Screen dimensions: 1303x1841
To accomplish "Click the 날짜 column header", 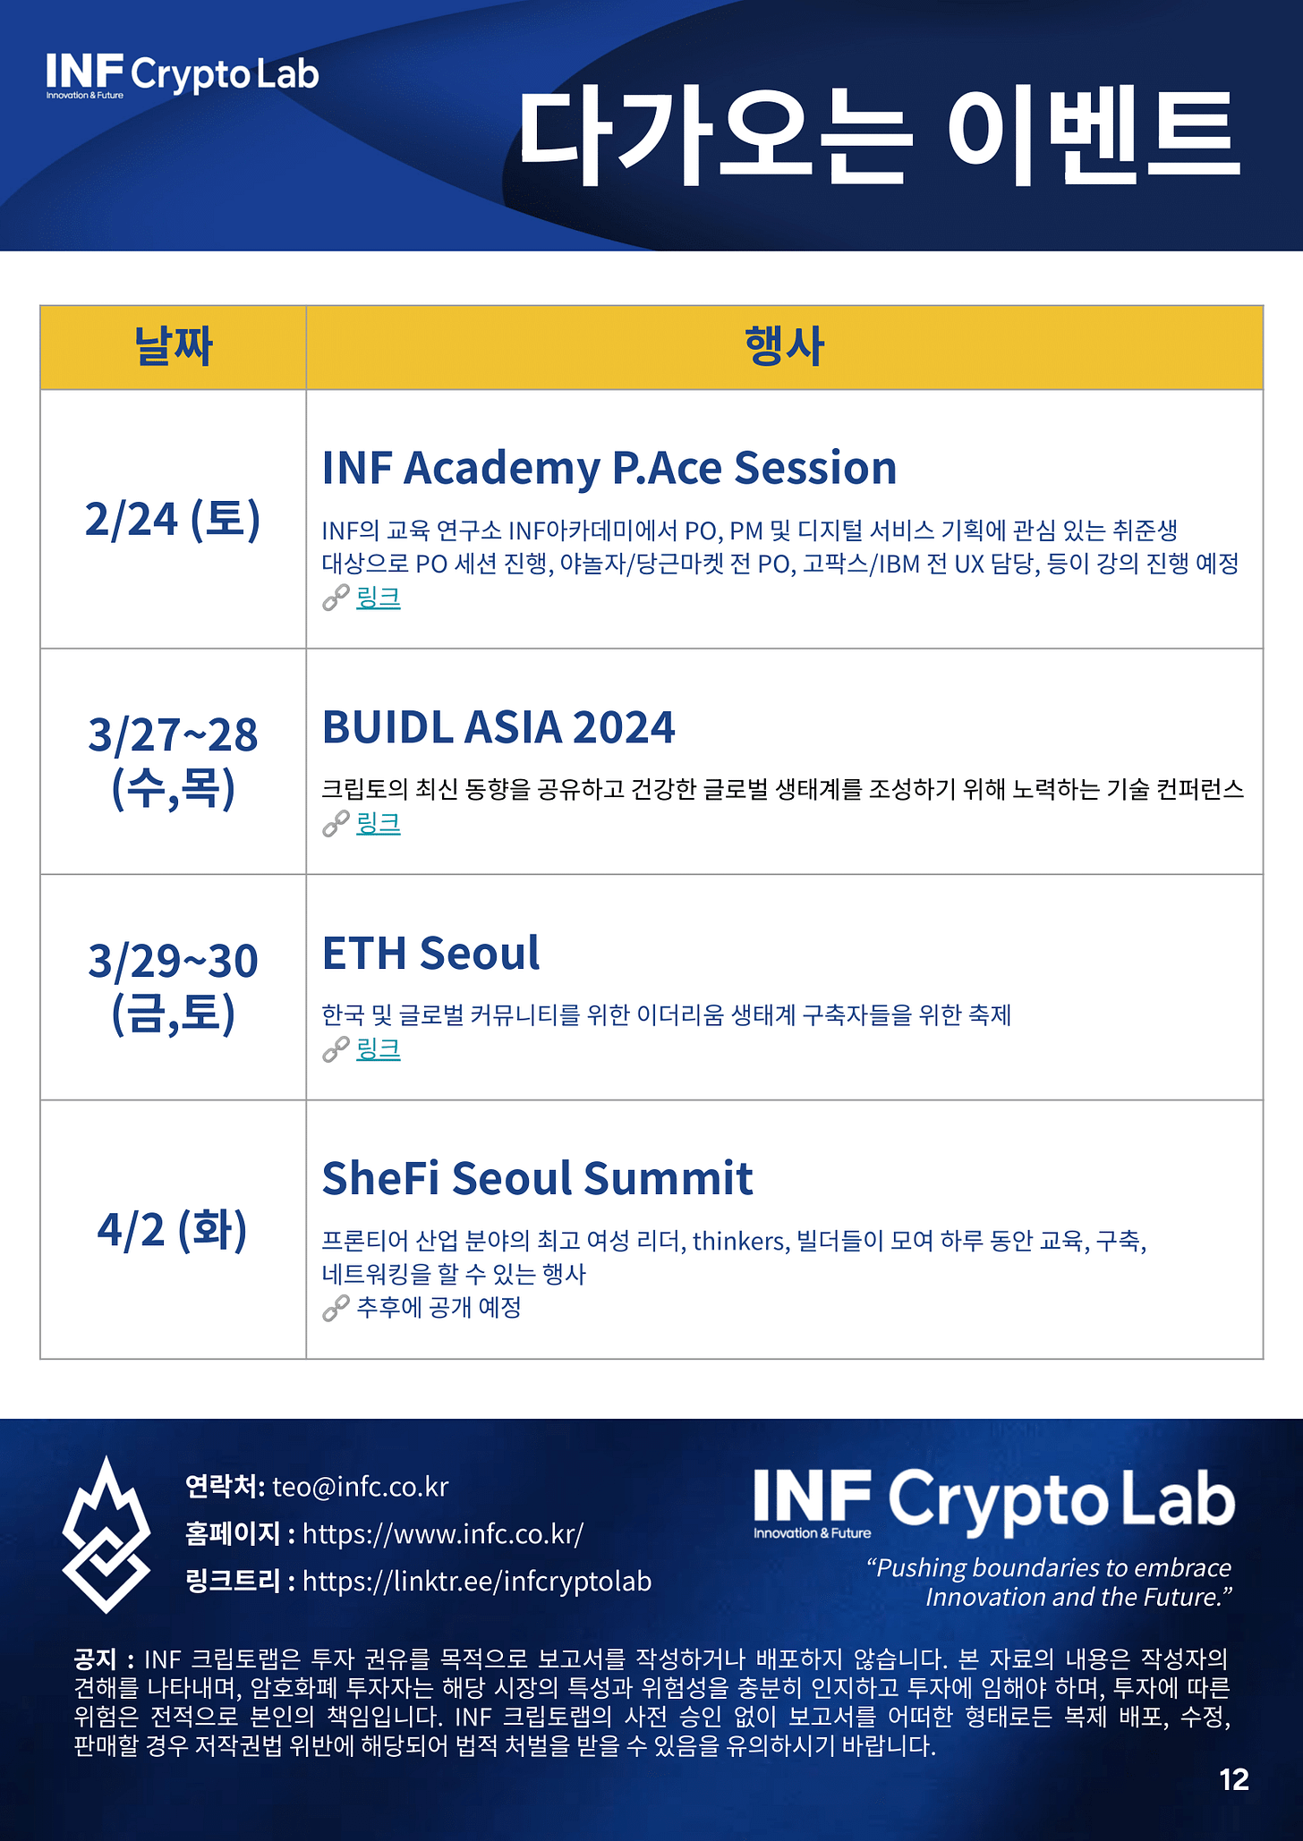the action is [x=173, y=347].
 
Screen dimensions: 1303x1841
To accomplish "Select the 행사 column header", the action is [x=784, y=347].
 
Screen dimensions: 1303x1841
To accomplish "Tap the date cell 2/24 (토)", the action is [x=173, y=519].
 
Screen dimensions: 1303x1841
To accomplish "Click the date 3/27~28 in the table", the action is [x=173, y=734].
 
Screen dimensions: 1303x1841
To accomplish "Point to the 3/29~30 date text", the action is [x=173, y=960].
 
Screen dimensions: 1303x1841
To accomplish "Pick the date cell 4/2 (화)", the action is [x=173, y=1229].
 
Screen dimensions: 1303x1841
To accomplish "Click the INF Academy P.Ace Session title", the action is [x=609, y=468].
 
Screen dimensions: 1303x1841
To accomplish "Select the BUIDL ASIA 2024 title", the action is [x=498, y=726].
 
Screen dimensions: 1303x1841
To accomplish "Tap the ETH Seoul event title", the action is [x=430, y=953].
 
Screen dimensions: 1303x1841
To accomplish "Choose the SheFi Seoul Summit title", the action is [x=537, y=1178].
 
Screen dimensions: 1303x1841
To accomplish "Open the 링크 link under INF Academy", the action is [x=379, y=598].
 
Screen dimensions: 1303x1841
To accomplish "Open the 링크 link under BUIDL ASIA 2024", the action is [x=379, y=823].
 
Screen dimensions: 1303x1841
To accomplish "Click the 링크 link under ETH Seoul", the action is [x=379, y=1048].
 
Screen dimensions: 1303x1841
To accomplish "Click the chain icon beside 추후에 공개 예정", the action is [x=336, y=1309].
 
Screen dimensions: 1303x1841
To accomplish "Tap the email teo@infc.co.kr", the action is [x=360, y=1487].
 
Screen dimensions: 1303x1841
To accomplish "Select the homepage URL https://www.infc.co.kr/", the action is [x=443, y=1534].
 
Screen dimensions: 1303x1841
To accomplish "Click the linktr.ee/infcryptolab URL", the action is [x=477, y=1582].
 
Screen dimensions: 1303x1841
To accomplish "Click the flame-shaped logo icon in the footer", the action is [x=106, y=1533].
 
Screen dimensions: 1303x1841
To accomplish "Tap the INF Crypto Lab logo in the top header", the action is [x=183, y=75].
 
